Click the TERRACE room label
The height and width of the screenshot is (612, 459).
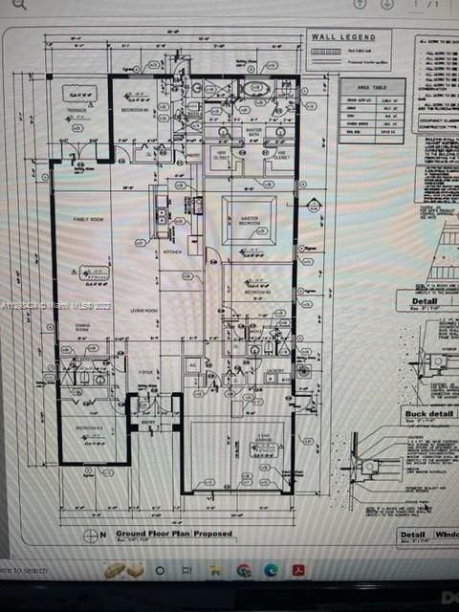click(x=76, y=110)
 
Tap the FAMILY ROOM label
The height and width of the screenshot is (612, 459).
click(x=89, y=220)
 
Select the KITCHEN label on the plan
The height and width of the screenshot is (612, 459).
click(x=172, y=251)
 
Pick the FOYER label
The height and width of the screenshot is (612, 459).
click(x=146, y=373)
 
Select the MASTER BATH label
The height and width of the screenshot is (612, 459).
click(x=253, y=131)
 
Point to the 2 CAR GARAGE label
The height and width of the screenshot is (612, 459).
click(x=255, y=437)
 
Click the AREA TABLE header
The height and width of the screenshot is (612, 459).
click(x=371, y=86)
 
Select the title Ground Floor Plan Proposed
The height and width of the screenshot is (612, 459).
click(x=173, y=535)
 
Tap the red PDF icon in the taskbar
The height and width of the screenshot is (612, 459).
click(x=298, y=570)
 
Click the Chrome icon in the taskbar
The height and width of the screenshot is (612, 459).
click(x=243, y=570)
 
